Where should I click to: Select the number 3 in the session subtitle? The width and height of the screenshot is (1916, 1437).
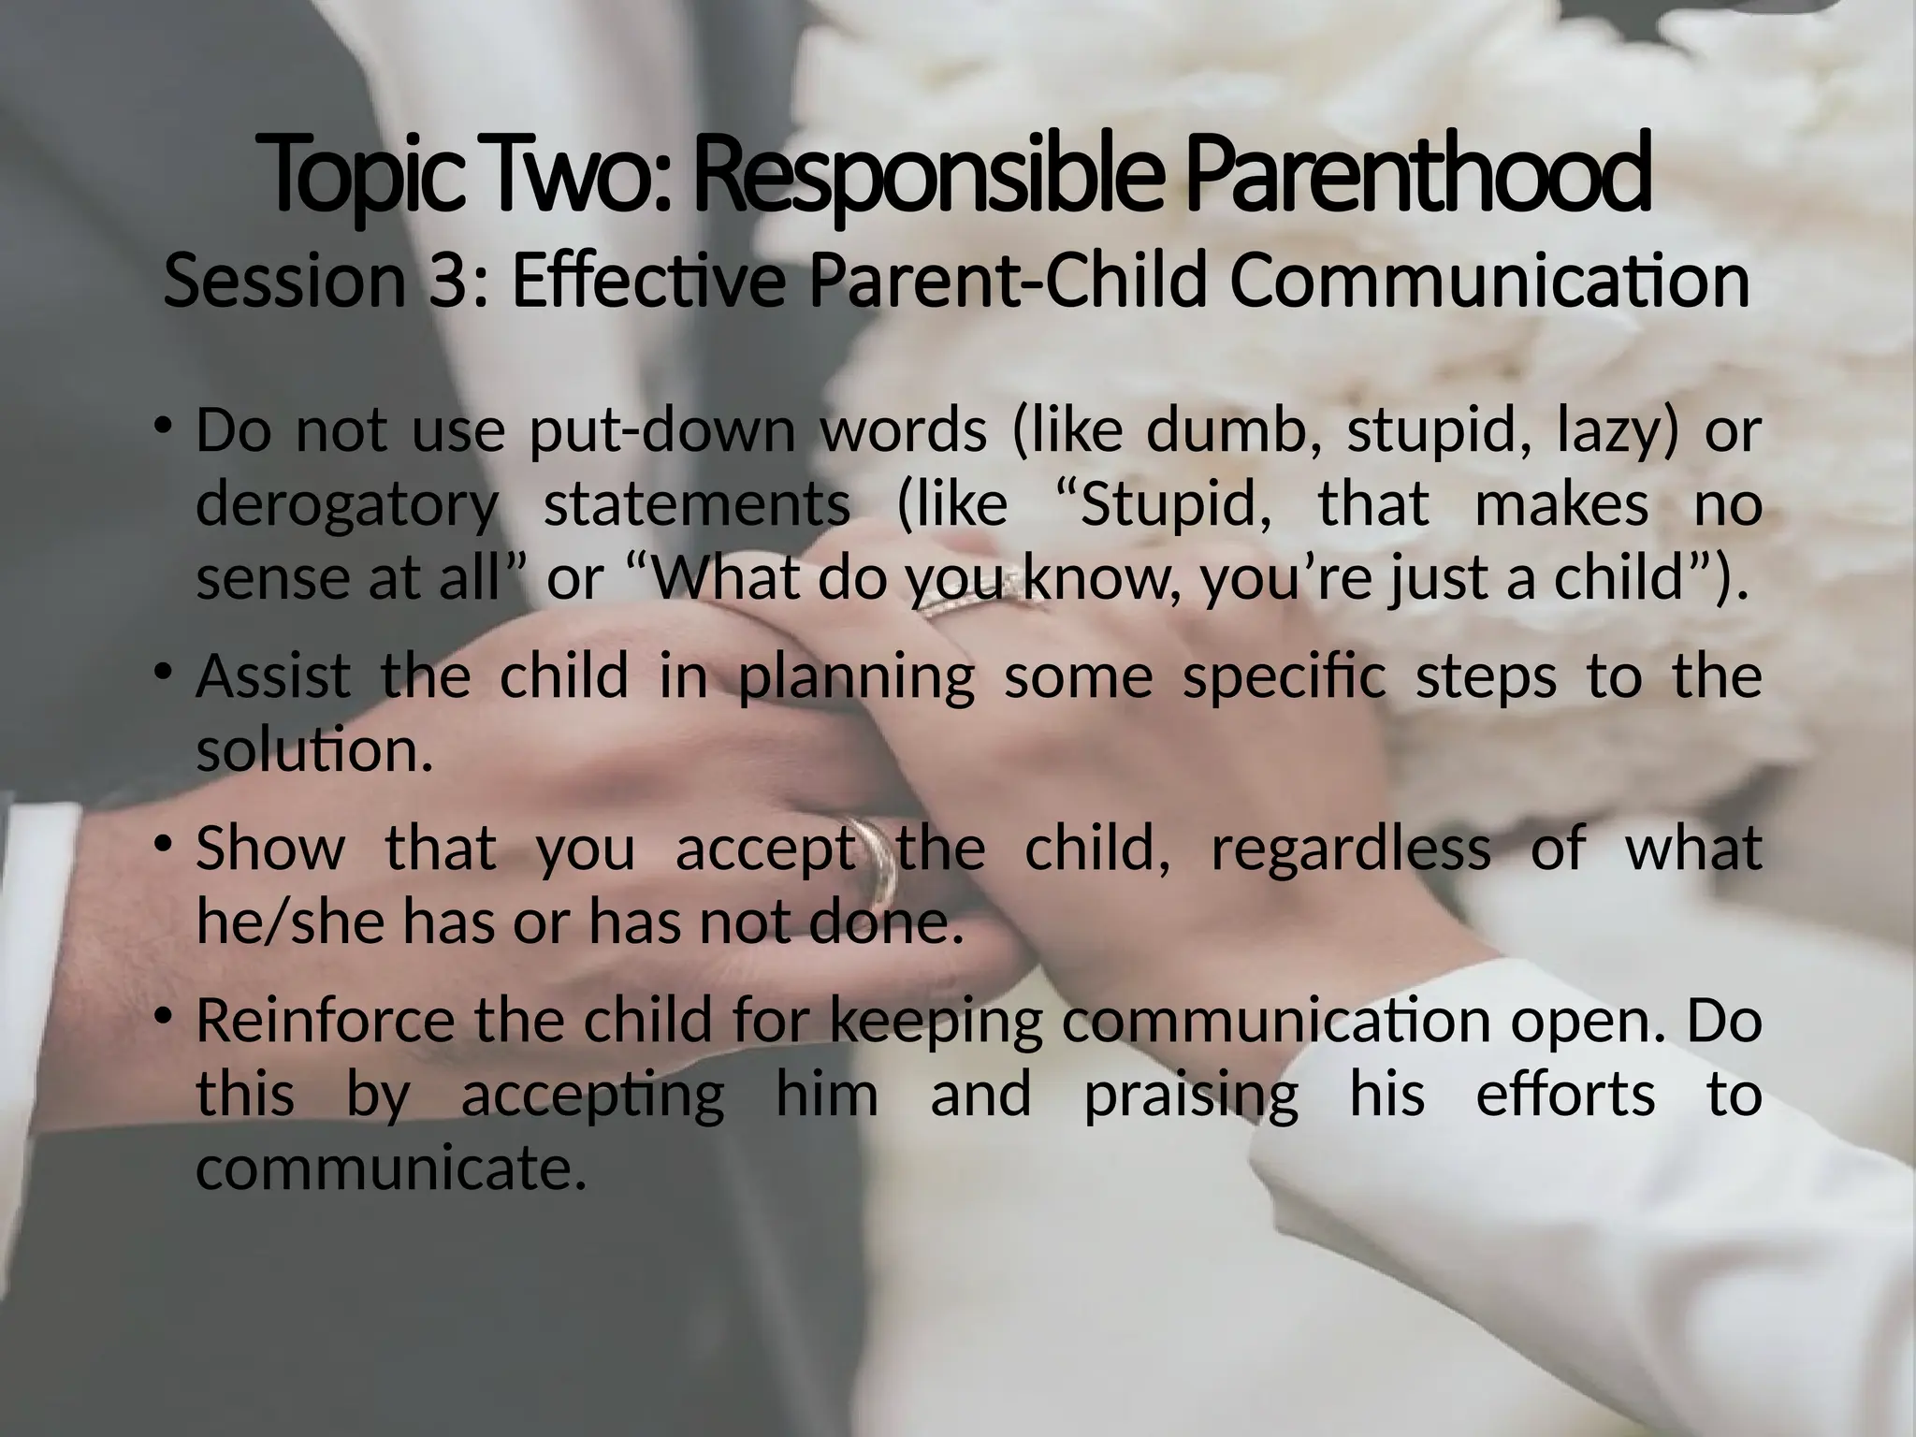pos(448,281)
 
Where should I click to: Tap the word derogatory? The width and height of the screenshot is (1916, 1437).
pos(347,505)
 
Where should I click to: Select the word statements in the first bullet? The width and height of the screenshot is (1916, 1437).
pos(697,505)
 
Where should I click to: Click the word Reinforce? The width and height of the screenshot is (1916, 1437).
pos(332,1020)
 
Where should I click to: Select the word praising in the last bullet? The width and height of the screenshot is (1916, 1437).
pos(1191,1095)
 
